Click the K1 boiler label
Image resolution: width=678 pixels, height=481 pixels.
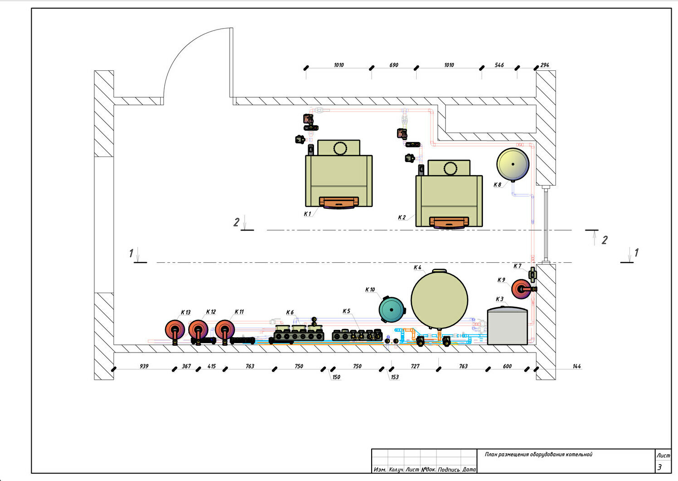tap(307, 214)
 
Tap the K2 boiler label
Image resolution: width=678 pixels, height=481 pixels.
tap(402, 217)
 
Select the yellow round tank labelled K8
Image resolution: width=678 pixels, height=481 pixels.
tap(513, 164)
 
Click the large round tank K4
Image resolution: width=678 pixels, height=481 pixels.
tap(439, 299)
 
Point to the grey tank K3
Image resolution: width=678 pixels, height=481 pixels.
tap(507, 326)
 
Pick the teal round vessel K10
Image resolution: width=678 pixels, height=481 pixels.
tap(392, 309)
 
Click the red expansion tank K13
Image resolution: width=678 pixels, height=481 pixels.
tap(175, 329)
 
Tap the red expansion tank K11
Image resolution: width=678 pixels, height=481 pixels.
tap(225, 329)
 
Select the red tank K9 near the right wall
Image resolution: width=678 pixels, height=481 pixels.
tap(521, 289)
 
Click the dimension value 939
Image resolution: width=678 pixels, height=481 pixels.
tap(144, 366)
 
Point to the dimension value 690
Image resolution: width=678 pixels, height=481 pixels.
tap(394, 65)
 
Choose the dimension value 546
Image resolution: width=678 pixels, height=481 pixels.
tap(499, 65)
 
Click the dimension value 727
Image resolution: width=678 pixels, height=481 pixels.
tap(415, 366)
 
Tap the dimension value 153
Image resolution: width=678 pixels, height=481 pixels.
tap(395, 377)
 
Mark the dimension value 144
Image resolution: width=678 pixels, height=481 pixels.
tap(577, 366)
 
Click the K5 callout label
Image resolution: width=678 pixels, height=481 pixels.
tap(346, 311)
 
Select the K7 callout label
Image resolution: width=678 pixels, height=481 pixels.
tap(517, 266)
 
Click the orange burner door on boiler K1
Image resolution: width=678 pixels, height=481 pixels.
tap(339, 202)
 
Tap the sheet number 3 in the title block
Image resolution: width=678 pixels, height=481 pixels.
tap(660, 467)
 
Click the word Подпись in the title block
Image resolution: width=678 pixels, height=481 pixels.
tap(449, 470)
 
